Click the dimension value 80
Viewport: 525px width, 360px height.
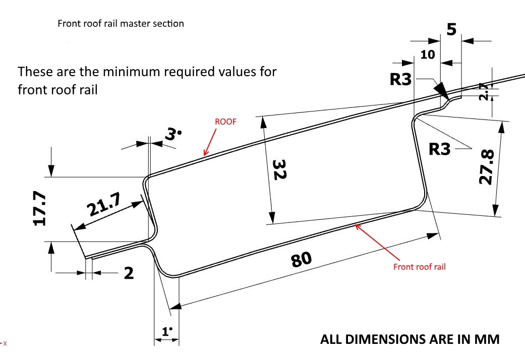[302, 259]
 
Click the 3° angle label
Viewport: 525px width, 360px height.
[172, 134]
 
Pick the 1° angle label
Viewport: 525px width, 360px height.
[167, 331]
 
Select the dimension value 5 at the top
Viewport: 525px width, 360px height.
[451, 29]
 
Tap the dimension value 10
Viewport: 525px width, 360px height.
[427, 54]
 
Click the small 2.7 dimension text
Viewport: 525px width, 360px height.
[484, 92]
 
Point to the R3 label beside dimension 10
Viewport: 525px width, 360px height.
[401, 80]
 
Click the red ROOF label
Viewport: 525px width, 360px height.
[225, 122]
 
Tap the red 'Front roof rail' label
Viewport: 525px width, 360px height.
[419, 267]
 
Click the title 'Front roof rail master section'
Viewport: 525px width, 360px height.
[121, 24]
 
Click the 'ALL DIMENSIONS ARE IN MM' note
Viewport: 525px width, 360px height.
[410, 339]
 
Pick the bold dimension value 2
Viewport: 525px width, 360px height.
[129, 273]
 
